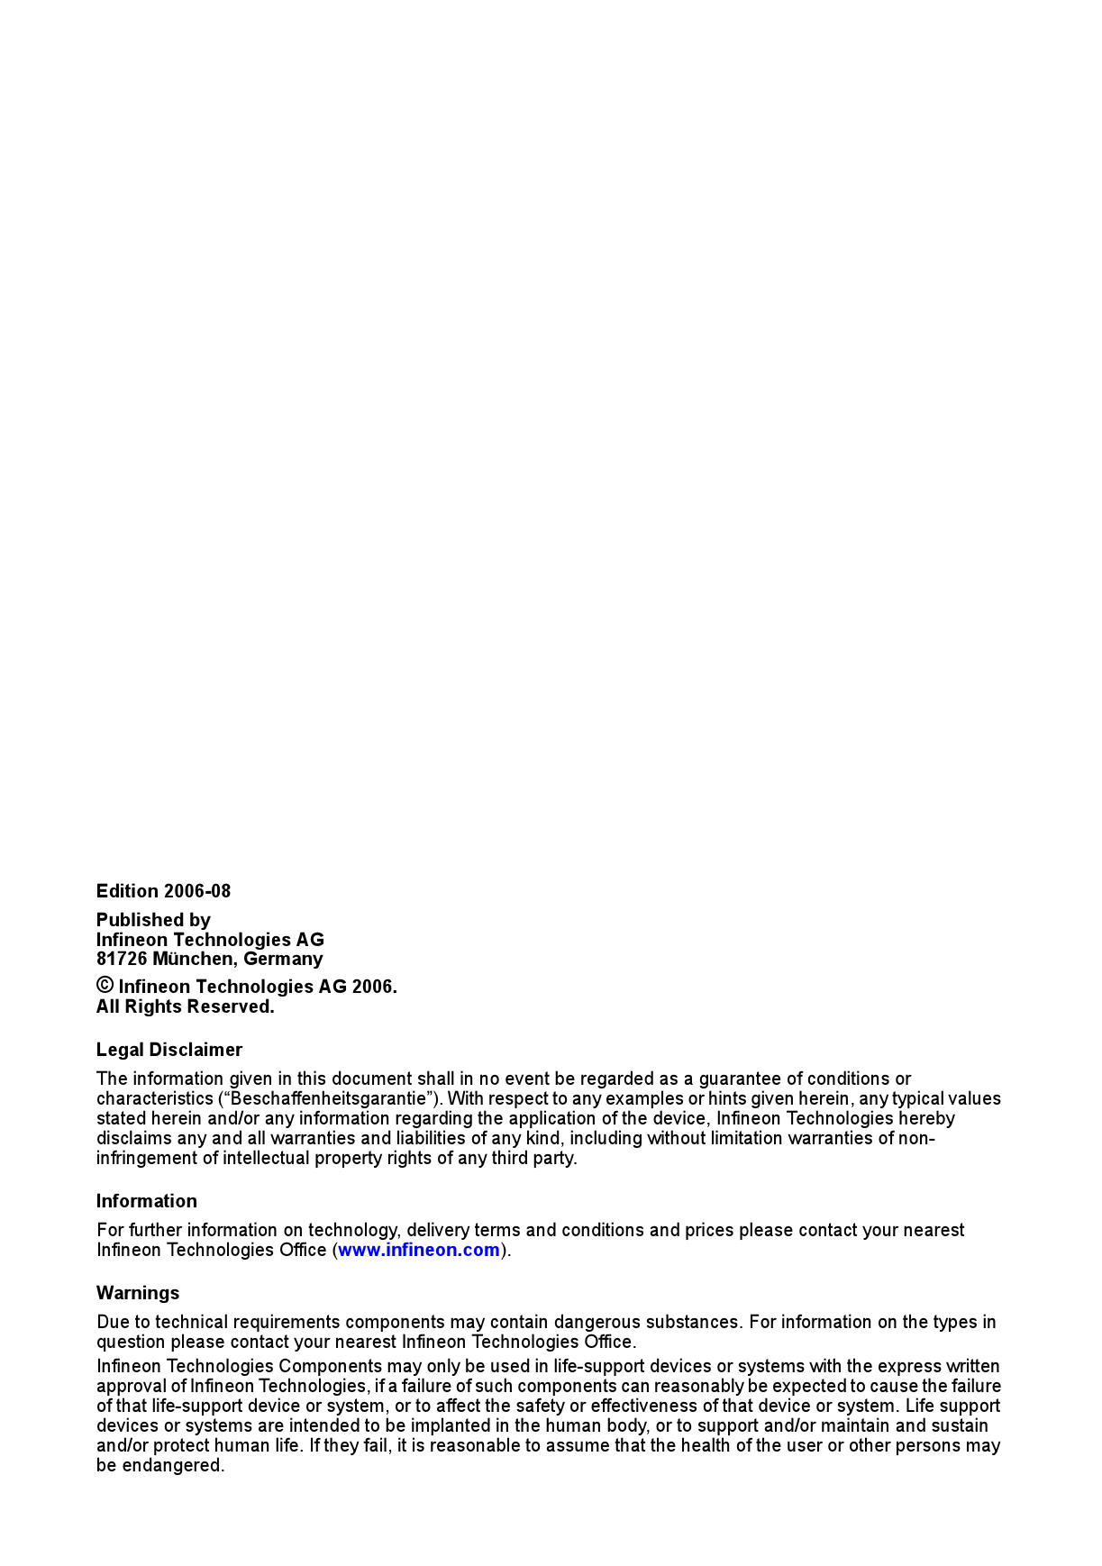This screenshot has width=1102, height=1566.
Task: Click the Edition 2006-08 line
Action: (x=163, y=891)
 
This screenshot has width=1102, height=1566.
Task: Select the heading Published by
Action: (x=153, y=920)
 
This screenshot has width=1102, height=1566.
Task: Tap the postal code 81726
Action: (x=121, y=959)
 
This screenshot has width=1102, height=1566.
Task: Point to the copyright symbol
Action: (x=105, y=986)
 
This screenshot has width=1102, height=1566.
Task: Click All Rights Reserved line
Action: (x=185, y=1006)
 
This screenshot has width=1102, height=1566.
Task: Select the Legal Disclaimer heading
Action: (x=168, y=1050)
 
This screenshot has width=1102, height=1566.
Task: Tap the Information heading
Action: (x=146, y=1201)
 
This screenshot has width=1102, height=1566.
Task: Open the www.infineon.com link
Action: (x=418, y=1250)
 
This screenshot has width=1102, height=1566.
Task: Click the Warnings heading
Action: (x=138, y=1293)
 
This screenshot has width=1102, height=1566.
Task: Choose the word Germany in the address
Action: (x=283, y=959)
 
